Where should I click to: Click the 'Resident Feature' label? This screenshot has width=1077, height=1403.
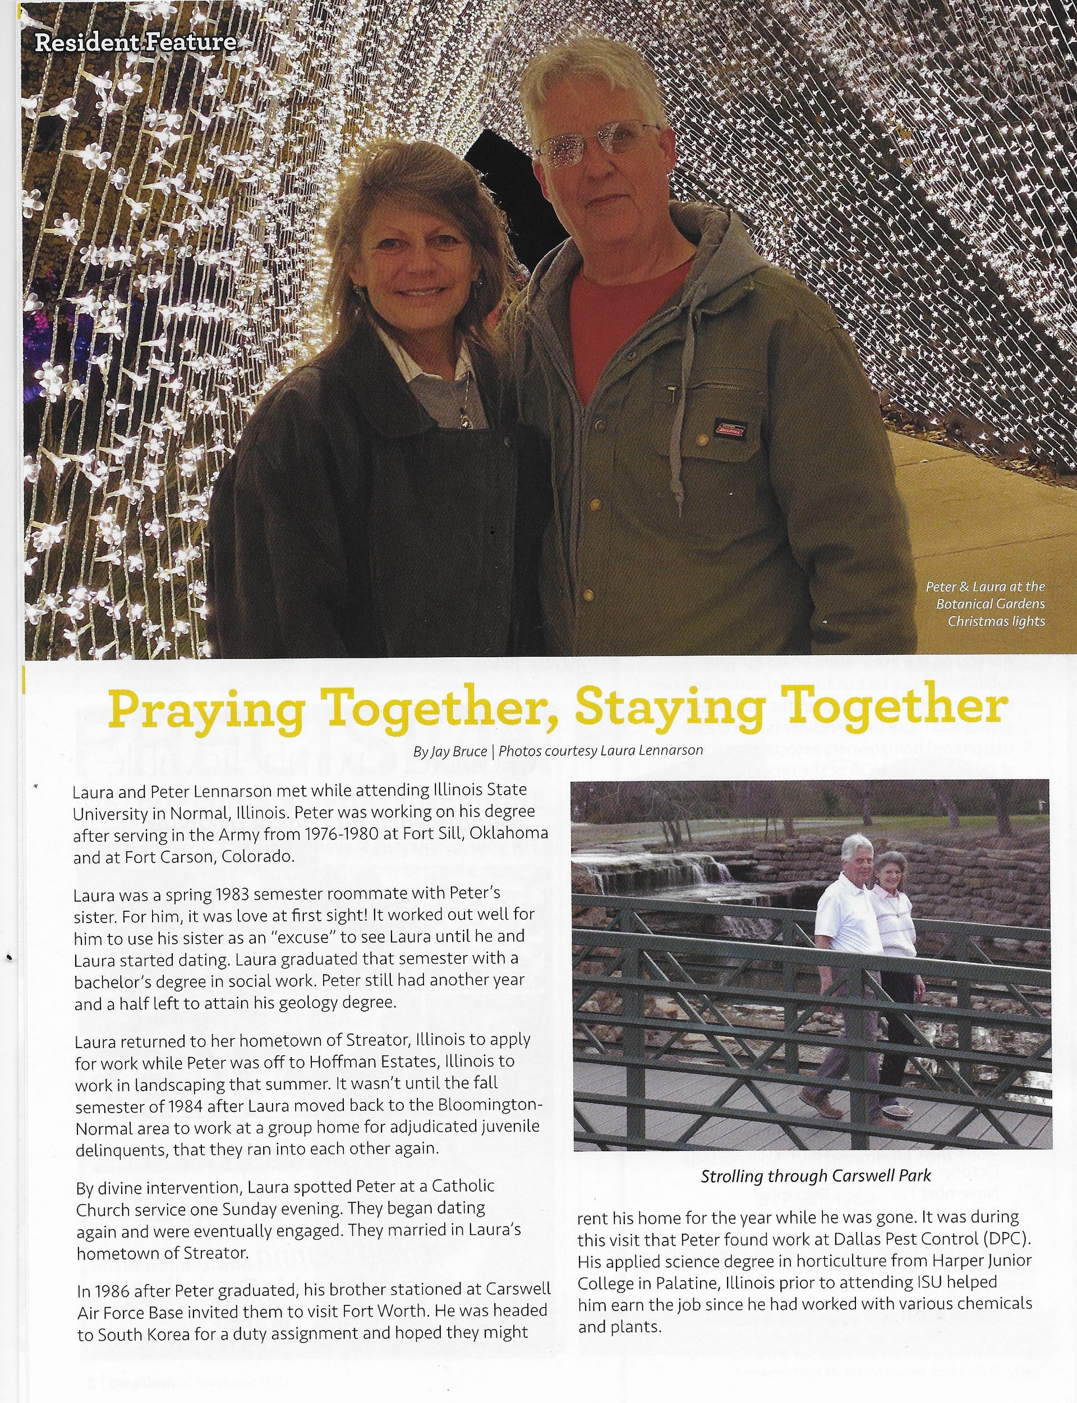[x=135, y=42]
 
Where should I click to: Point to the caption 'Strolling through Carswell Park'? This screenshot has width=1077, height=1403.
[x=815, y=1176]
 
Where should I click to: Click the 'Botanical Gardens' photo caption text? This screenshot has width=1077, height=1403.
[x=990, y=604]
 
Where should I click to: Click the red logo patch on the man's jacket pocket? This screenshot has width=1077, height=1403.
[x=731, y=430]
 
